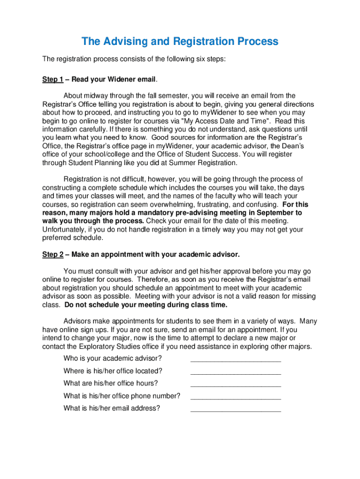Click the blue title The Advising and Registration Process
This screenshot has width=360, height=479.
[x=180, y=42]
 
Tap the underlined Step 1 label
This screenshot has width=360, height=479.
[x=52, y=80]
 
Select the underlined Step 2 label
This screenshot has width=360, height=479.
[x=52, y=254]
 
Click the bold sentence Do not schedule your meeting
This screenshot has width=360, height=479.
[x=145, y=305]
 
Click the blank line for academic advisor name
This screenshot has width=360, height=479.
[x=236, y=360]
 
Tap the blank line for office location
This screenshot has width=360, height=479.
[x=236, y=373]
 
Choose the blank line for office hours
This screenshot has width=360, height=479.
[x=236, y=385]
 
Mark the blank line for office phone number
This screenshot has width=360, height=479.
[x=236, y=398]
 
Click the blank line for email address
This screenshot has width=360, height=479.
[x=236, y=410]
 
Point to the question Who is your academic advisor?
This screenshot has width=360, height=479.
[x=113, y=358]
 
